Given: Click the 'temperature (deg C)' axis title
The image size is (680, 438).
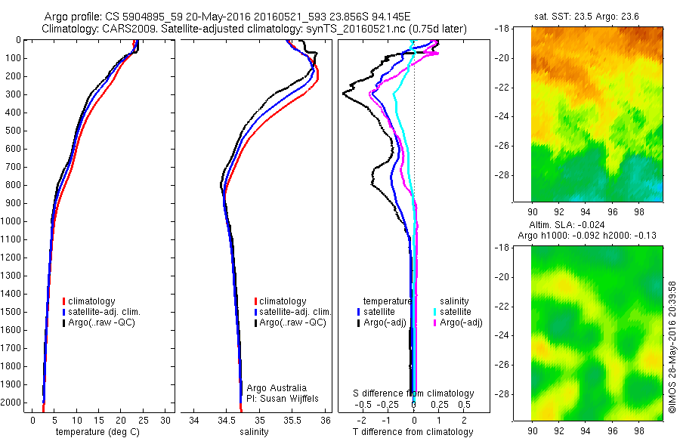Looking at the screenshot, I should coord(96,432).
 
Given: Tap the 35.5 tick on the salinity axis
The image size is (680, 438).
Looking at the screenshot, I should coord(292,420).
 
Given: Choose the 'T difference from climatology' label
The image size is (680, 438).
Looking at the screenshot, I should coord(413,432).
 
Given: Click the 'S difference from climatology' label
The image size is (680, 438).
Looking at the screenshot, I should coord(414,393).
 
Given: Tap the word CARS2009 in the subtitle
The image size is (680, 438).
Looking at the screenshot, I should coord(125,29).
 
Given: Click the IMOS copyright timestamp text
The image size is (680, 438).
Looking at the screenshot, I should coord(672,348).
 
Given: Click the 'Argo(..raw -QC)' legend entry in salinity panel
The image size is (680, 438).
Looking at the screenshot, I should coord(292,322).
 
